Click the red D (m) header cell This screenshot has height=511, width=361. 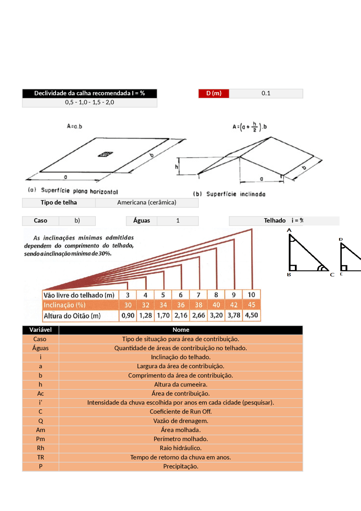(x=213, y=93)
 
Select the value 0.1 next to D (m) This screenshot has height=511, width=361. (x=266, y=93)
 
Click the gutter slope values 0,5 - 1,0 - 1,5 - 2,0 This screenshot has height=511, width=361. (x=89, y=102)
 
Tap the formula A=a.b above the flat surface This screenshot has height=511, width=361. (x=74, y=126)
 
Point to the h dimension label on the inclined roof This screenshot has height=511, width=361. (x=177, y=167)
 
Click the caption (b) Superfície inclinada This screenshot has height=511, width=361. (x=229, y=194)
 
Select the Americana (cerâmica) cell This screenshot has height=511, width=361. (x=147, y=203)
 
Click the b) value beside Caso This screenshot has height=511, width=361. (x=77, y=221)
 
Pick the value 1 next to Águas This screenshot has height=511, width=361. (x=178, y=221)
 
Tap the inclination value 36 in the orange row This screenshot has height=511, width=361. (x=181, y=305)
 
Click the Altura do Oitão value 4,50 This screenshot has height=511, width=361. (x=251, y=315)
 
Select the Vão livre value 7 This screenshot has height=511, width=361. (x=198, y=295)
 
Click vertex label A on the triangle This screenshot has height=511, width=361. (x=289, y=231)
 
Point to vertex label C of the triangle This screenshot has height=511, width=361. (x=332, y=275)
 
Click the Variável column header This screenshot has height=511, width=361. (x=40, y=330)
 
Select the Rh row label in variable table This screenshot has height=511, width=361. (x=40, y=448)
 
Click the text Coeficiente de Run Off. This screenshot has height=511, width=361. (x=180, y=412)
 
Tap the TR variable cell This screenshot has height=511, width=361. (x=40, y=457)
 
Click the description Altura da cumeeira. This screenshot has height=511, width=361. (x=180, y=385)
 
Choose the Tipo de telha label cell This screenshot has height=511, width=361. (x=59, y=203)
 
